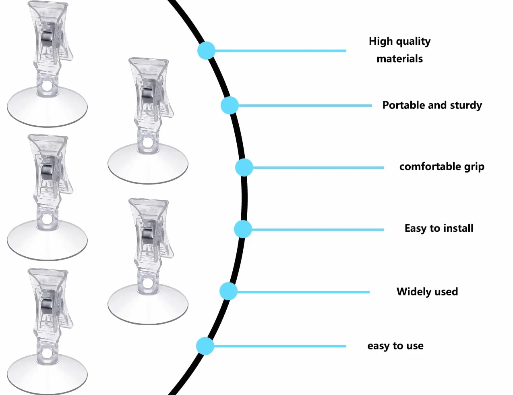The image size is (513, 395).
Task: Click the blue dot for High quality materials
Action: pyautogui.click(x=206, y=50)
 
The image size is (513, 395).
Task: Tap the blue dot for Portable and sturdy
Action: pyautogui.click(x=230, y=105)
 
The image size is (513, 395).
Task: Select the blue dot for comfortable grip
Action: pyautogui.click(x=244, y=167)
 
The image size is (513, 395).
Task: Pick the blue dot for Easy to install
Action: pyautogui.click(x=243, y=229)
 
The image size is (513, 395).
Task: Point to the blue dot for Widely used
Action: pyautogui.click(x=228, y=291)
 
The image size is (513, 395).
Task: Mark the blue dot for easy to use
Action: pyautogui.click(x=205, y=346)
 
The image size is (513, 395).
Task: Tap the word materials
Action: pyautogui.click(x=400, y=59)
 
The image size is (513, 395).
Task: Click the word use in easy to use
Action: pyautogui.click(x=415, y=346)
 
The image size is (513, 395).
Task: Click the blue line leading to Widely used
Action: pyautogui.click(x=303, y=292)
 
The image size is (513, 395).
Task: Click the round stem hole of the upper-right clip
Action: pyautogui.click(x=148, y=143)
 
